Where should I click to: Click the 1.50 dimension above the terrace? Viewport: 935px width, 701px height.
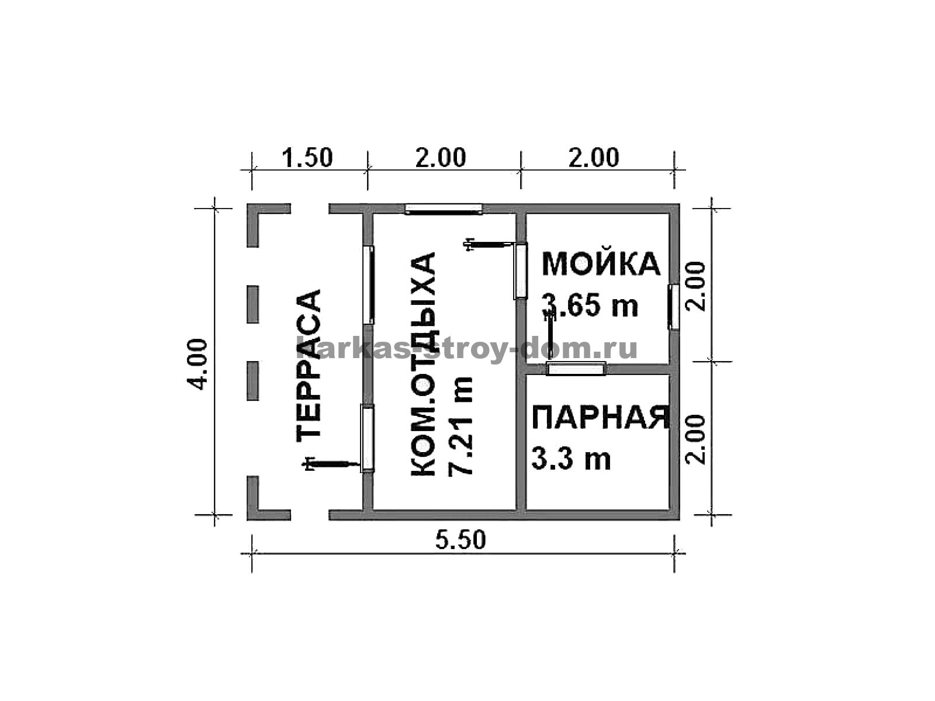(307, 158)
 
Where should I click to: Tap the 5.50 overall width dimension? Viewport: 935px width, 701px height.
(460, 540)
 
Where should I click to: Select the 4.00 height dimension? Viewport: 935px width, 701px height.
(197, 364)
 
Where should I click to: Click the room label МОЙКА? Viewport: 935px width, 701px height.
(601, 264)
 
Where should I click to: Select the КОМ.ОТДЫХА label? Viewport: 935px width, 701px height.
(423, 365)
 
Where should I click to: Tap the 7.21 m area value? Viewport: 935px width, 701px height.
(460, 425)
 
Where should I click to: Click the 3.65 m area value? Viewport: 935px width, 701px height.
(590, 305)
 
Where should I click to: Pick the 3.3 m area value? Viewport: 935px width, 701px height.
(571, 459)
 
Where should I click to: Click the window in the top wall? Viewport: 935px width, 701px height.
(444, 209)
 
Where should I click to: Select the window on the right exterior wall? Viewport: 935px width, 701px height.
(673, 307)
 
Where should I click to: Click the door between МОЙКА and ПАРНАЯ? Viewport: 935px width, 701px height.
(576, 369)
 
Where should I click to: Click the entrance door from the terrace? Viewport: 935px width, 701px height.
(367, 438)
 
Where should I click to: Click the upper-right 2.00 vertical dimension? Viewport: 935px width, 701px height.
(696, 286)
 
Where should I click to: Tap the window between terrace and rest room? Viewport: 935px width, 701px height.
(369, 284)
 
